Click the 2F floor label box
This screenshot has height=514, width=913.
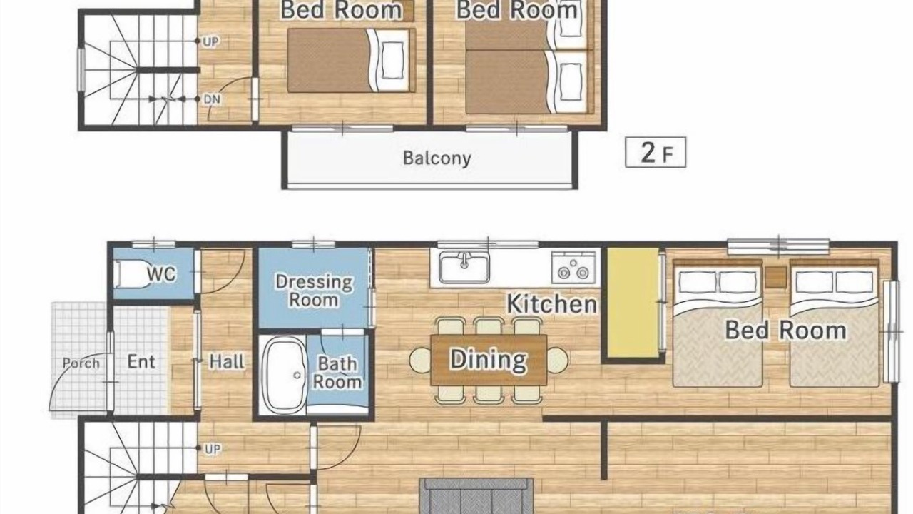pos(656,152)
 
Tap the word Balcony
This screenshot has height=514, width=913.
pos(437,158)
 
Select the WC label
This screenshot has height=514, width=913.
pos(161,274)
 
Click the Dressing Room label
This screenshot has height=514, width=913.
pos(314,291)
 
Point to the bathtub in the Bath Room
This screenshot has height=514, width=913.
pos(284,376)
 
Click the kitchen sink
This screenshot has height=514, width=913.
pos(464,267)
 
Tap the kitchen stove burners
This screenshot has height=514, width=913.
pos(573,267)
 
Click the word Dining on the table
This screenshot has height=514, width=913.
pos(489,360)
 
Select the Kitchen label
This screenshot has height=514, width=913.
pos(551,304)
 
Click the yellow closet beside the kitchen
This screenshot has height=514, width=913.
pos(633,302)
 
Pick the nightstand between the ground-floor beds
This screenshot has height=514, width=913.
pos(775,278)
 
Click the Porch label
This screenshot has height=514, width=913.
pos(81,363)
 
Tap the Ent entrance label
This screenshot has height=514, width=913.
pos(141,361)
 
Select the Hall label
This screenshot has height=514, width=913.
pos(227,361)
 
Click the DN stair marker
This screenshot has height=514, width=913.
pos(212,99)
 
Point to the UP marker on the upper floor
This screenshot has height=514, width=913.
pos(210,41)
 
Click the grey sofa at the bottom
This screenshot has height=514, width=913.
pos(476,496)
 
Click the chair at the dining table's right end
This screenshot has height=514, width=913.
pos(558,360)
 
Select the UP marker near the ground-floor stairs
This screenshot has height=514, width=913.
pos(213,449)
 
